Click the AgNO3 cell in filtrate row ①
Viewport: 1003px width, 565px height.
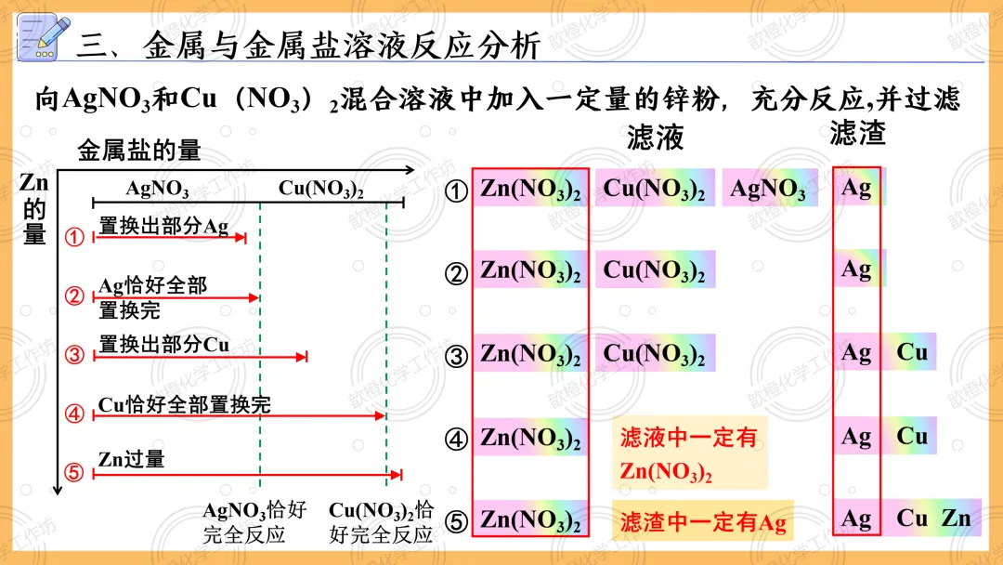pyautogui.click(x=768, y=189)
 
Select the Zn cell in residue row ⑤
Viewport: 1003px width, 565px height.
pyautogui.click(x=957, y=518)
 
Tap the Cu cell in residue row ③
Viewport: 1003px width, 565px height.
pyautogui.click(x=912, y=352)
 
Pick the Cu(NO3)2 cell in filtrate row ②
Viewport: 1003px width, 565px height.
pyautogui.click(x=654, y=269)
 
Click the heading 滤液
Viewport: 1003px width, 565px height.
pyautogui.click(x=656, y=138)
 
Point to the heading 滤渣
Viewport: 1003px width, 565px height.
pyautogui.click(x=857, y=133)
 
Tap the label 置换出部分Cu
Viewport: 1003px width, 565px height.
pyautogui.click(x=163, y=344)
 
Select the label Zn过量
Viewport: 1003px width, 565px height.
pyautogui.click(x=131, y=458)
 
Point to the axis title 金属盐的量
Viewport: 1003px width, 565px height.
pyautogui.click(x=139, y=151)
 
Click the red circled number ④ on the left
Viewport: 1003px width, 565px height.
pyautogui.click(x=74, y=414)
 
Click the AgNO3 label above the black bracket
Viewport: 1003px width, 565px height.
pyautogui.click(x=157, y=190)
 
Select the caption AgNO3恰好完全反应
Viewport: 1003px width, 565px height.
pyautogui.click(x=254, y=522)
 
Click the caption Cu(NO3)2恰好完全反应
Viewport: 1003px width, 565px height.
pyautogui.click(x=381, y=522)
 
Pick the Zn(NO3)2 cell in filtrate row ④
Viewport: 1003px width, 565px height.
pyautogui.click(x=530, y=437)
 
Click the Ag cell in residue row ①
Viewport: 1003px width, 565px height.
pyautogui.click(x=856, y=188)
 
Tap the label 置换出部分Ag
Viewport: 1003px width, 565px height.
pyautogui.click(x=163, y=226)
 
